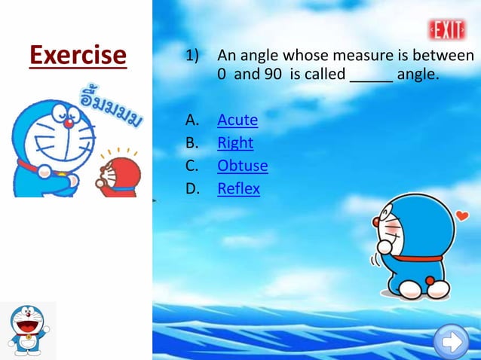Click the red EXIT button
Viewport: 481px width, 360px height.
(x=448, y=29)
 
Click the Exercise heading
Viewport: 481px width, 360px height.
(x=78, y=55)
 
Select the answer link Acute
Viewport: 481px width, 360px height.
(x=237, y=120)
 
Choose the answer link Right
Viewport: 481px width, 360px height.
(x=235, y=143)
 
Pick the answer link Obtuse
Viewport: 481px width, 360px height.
(x=242, y=166)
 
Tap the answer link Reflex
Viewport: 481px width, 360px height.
(x=238, y=188)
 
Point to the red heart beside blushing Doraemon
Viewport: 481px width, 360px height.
(x=462, y=217)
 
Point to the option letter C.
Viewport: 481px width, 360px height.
(x=191, y=166)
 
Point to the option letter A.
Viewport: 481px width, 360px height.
(x=191, y=120)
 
